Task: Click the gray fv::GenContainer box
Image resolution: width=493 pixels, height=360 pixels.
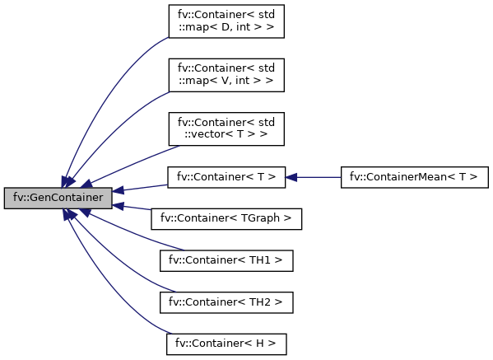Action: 58,198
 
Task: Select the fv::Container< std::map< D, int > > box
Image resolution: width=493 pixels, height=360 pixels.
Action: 226,21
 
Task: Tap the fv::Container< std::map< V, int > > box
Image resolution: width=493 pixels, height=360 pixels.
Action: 226,75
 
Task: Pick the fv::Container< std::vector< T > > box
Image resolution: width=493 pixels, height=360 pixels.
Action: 226,129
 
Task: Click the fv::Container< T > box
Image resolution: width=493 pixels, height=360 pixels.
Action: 226,177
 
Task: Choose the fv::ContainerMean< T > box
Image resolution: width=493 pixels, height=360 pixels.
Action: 414,177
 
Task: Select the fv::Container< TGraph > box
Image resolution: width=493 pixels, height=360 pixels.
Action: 226,218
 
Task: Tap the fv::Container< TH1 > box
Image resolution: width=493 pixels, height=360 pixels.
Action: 226,260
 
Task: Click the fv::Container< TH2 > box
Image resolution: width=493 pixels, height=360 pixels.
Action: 226,302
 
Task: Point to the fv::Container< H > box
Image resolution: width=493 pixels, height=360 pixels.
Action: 226,344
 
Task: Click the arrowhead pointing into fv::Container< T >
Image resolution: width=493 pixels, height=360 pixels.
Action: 291,177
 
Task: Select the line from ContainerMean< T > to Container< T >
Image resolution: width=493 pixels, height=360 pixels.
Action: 319,177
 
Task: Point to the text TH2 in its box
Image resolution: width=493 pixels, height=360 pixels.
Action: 260,302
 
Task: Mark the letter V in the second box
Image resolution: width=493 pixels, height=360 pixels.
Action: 226,81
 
